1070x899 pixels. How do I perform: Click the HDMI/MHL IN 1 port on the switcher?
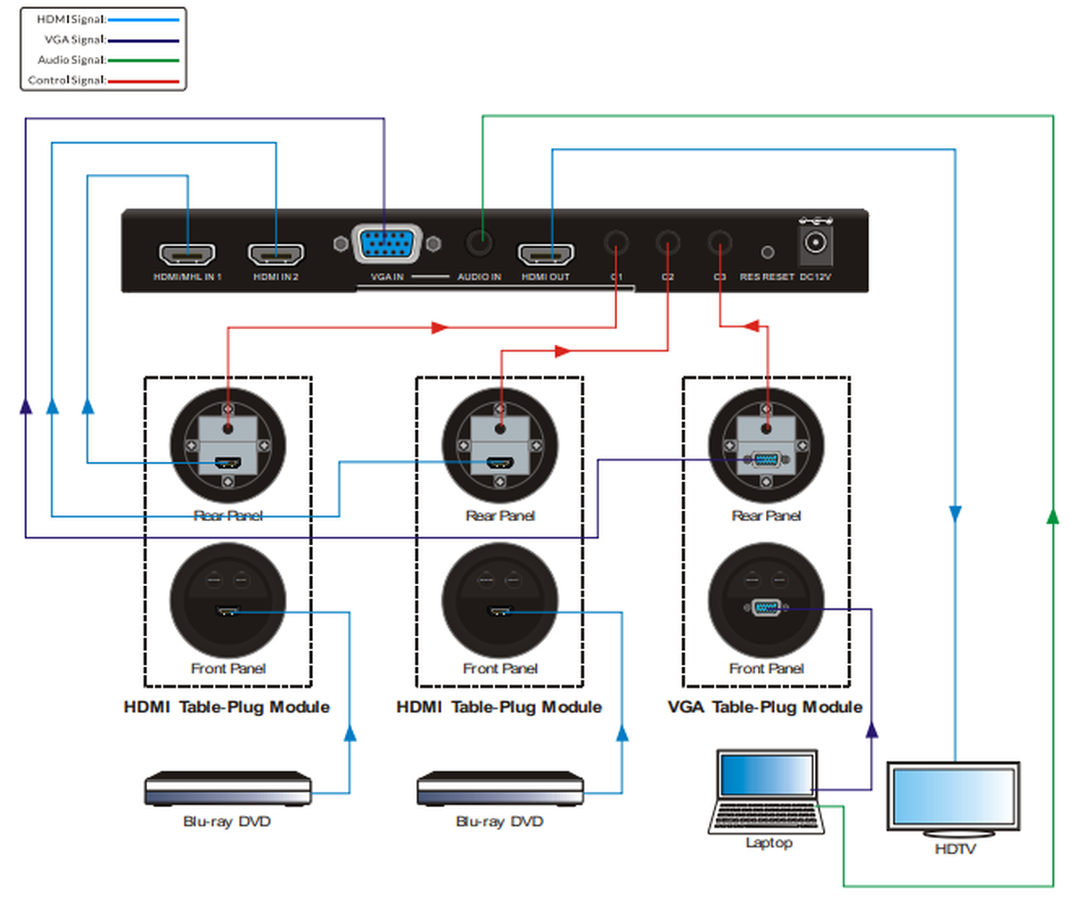187,255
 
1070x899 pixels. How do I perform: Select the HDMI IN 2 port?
276,255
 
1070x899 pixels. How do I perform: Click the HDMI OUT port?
547,255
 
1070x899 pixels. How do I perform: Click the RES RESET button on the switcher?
766,253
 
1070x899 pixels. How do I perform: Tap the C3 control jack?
720,243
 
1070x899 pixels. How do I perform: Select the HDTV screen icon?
953,798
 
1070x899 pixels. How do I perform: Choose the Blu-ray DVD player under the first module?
228,789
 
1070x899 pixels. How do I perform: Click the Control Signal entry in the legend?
103,80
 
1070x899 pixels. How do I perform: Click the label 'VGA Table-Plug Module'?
765,706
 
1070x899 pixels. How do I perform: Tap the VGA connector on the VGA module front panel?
766,608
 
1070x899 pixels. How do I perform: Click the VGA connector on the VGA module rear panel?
765,460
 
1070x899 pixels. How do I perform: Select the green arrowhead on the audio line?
1053,515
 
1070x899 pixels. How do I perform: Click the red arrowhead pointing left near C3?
752,326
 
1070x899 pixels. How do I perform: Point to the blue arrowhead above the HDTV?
955,514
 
